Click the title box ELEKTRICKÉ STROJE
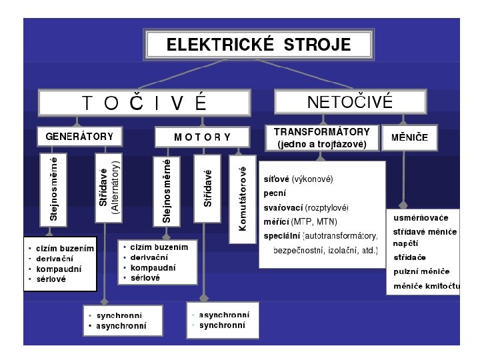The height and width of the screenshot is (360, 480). click(x=258, y=45)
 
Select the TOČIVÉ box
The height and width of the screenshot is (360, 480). click(x=145, y=103)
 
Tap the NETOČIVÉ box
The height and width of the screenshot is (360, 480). click(x=349, y=102)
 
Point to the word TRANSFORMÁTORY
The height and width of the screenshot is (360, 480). click(x=321, y=132)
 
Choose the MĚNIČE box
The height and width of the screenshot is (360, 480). click(x=410, y=137)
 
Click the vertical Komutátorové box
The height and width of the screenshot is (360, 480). click(x=243, y=199)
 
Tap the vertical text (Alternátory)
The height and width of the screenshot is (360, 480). click(x=115, y=186)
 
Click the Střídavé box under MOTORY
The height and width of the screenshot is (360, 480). click(x=207, y=188)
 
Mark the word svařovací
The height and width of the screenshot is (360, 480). click(x=284, y=208)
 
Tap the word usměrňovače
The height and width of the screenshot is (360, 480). click(x=421, y=218)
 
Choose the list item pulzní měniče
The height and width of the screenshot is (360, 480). click(x=421, y=271)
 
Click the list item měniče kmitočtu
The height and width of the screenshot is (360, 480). click(x=427, y=286)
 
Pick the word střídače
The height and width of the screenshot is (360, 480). click(x=409, y=257)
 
